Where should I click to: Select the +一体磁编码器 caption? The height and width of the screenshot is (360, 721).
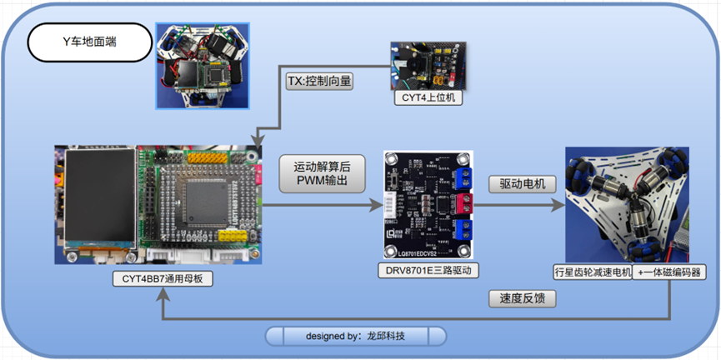(666, 272)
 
